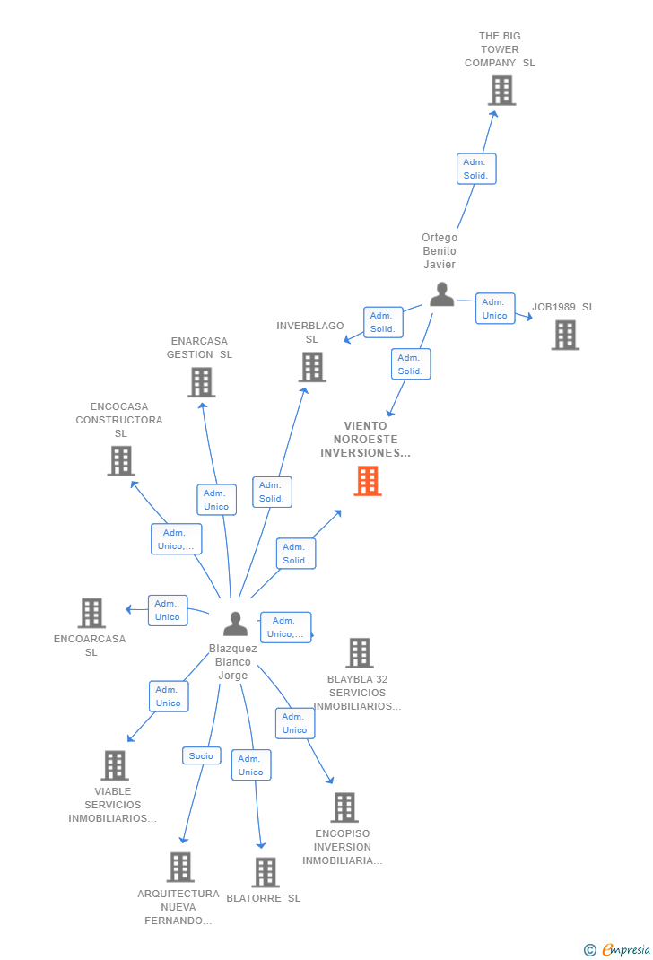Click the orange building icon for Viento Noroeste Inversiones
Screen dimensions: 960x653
[x=367, y=481]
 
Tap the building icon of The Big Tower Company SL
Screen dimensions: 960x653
[x=501, y=91]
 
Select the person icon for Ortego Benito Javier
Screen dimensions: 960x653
[x=441, y=294]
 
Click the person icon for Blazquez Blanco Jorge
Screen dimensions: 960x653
[x=235, y=624]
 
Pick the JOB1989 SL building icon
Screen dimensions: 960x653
[x=564, y=335]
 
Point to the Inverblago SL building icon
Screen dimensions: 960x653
[x=311, y=367]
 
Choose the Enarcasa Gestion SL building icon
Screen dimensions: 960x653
[x=201, y=382]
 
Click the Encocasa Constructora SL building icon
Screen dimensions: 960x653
[x=120, y=460]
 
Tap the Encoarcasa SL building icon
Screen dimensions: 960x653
[x=91, y=613]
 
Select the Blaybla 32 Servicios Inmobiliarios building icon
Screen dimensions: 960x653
[x=359, y=652]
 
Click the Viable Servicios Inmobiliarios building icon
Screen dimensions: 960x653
[x=114, y=765]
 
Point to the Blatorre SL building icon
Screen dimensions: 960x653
[x=265, y=872]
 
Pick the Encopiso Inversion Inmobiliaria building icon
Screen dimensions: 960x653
[x=344, y=807]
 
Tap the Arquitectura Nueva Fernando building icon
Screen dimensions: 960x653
[x=179, y=867]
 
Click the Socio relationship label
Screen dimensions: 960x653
[x=201, y=755]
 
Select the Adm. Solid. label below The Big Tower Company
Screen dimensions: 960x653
[x=475, y=169]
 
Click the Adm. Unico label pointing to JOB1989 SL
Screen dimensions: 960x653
[x=495, y=309]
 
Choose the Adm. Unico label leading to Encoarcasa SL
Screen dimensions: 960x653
[x=168, y=610]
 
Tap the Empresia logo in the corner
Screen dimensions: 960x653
[x=618, y=949]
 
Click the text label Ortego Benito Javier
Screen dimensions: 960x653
[x=440, y=251]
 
